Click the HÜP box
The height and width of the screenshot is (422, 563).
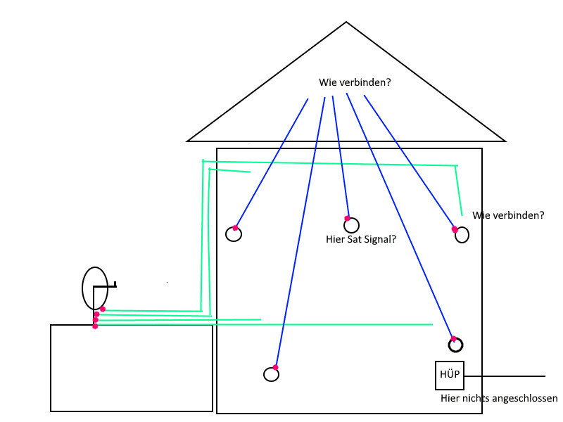(x=449, y=375)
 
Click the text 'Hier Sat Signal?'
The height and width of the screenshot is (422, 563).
(x=361, y=239)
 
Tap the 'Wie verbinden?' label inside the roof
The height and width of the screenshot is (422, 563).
(x=355, y=82)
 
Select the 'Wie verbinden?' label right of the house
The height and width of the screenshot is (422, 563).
(x=508, y=215)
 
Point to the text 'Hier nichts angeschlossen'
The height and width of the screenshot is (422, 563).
(x=498, y=398)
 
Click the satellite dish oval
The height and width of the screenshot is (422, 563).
(x=95, y=288)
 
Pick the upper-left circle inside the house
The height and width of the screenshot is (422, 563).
(x=234, y=234)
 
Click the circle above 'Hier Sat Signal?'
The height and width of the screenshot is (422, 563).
(x=351, y=226)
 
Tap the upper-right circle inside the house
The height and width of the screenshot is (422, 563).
(x=462, y=235)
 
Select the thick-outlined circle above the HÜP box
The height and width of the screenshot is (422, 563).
(x=455, y=345)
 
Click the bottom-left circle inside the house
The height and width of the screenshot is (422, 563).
(x=271, y=374)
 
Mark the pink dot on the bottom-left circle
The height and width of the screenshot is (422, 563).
(x=275, y=367)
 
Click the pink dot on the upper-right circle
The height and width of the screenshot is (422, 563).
(x=455, y=229)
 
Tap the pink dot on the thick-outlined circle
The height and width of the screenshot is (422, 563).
(x=454, y=338)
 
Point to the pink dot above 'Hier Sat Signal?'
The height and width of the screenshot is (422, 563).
(x=347, y=218)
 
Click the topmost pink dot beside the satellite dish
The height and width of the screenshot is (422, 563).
(x=103, y=309)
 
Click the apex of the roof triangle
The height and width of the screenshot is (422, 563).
(x=346, y=22)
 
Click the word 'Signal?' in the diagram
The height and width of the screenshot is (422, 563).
(x=380, y=239)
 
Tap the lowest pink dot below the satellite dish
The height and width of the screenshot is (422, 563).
(x=95, y=326)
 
